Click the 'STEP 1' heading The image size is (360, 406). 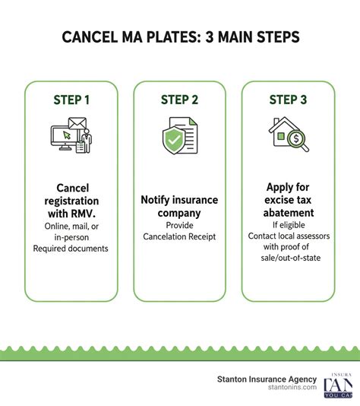[71, 100]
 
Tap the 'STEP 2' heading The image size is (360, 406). [179, 100]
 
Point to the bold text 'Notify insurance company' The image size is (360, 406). [179, 207]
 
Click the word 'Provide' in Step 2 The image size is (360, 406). [179, 226]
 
